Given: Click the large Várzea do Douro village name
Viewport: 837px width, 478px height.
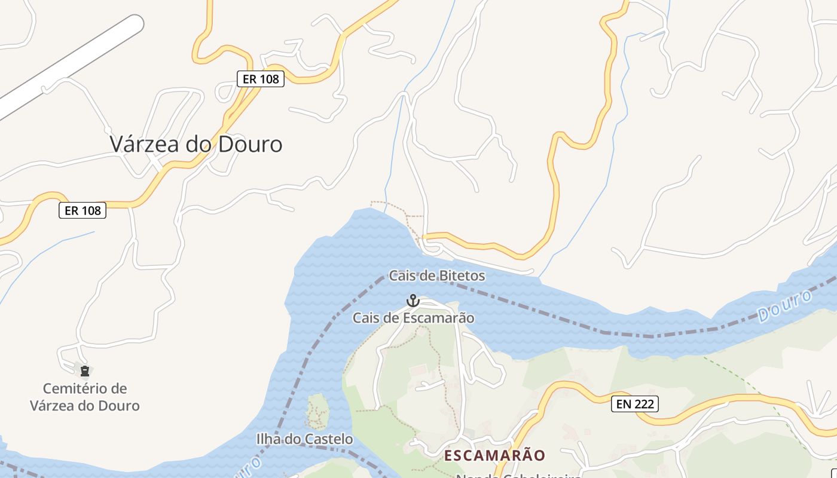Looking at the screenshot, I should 196,145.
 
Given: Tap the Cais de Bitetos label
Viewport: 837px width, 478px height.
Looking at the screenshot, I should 436,276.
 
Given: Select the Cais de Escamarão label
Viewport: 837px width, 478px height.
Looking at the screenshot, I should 413,318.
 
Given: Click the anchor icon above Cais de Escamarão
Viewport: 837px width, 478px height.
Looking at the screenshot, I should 413,300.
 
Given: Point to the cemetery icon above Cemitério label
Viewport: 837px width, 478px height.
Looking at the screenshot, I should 85,372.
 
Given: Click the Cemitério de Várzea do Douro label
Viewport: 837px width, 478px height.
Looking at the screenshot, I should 85,397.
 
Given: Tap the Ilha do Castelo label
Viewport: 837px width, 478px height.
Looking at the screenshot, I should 304,440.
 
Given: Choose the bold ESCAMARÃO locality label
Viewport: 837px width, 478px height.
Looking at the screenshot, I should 494,456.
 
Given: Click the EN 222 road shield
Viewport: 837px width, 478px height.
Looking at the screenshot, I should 634,405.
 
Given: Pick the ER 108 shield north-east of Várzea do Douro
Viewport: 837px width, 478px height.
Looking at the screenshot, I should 260,79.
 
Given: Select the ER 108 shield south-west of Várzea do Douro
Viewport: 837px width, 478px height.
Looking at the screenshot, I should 83,210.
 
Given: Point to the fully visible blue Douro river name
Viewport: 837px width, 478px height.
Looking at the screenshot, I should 784,306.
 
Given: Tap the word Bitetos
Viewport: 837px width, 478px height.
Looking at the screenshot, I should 462,276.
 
